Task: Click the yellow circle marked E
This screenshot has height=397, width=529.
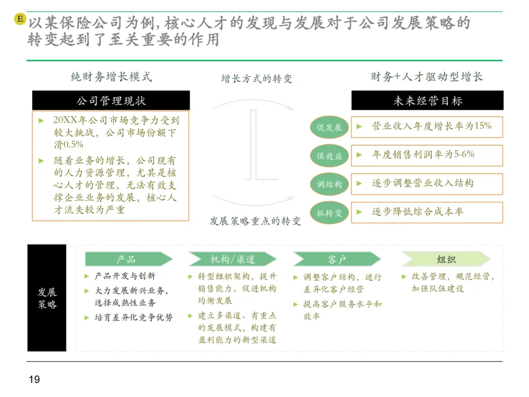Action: pyautogui.click(x=20, y=19)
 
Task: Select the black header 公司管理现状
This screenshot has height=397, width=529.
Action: pyautogui.click(x=111, y=101)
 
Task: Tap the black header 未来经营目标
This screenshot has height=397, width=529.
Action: pyautogui.click(x=427, y=101)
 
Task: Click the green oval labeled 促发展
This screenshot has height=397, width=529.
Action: pyautogui.click(x=329, y=127)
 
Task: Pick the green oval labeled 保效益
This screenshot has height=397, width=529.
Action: pyautogui.click(x=329, y=156)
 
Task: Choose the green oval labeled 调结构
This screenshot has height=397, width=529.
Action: pyautogui.click(x=329, y=184)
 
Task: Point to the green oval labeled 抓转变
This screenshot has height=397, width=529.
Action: pyautogui.click(x=329, y=213)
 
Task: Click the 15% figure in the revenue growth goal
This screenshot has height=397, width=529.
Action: pyautogui.click(x=482, y=126)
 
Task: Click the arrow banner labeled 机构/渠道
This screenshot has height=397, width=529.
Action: pyautogui.click(x=232, y=259)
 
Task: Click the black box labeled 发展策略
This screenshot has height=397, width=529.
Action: pyautogui.click(x=47, y=298)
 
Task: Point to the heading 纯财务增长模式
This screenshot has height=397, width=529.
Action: pyautogui.click(x=111, y=77)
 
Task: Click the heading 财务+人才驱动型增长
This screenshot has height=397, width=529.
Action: pyautogui.click(x=427, y=77)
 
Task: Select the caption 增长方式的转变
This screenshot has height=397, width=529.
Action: pyautogui.click(x=257, y=79)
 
